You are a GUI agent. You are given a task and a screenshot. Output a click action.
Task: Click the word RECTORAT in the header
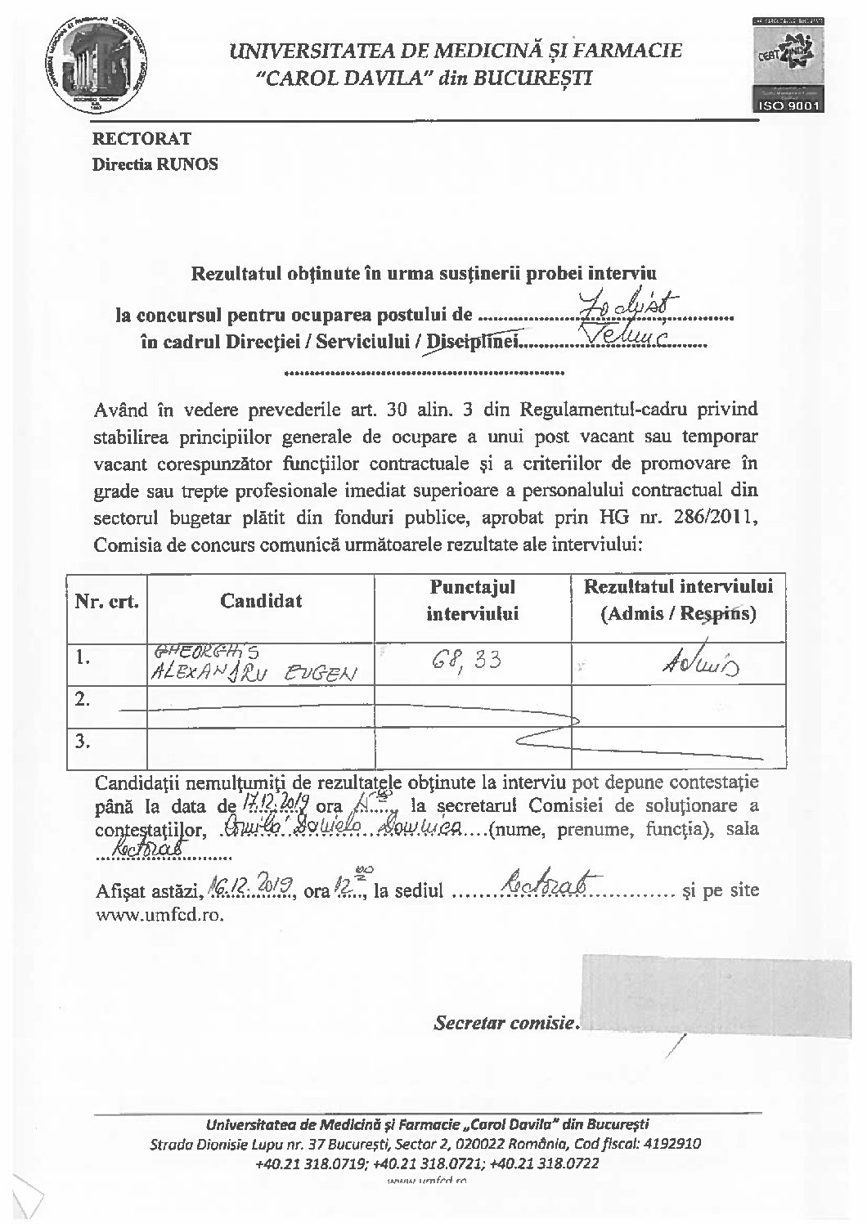tap(141, 139)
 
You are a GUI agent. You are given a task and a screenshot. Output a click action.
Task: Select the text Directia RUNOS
tap(155, 164)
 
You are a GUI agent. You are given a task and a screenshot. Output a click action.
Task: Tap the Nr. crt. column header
tap(106, 602)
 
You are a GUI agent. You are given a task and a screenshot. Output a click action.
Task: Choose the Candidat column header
tap(260, 601)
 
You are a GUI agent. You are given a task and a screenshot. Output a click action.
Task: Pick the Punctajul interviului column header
tap(472, 601)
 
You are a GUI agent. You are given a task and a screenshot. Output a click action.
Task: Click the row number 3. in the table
tap(83, 742)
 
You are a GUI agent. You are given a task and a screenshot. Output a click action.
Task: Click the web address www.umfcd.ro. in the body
tap(159, 915)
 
